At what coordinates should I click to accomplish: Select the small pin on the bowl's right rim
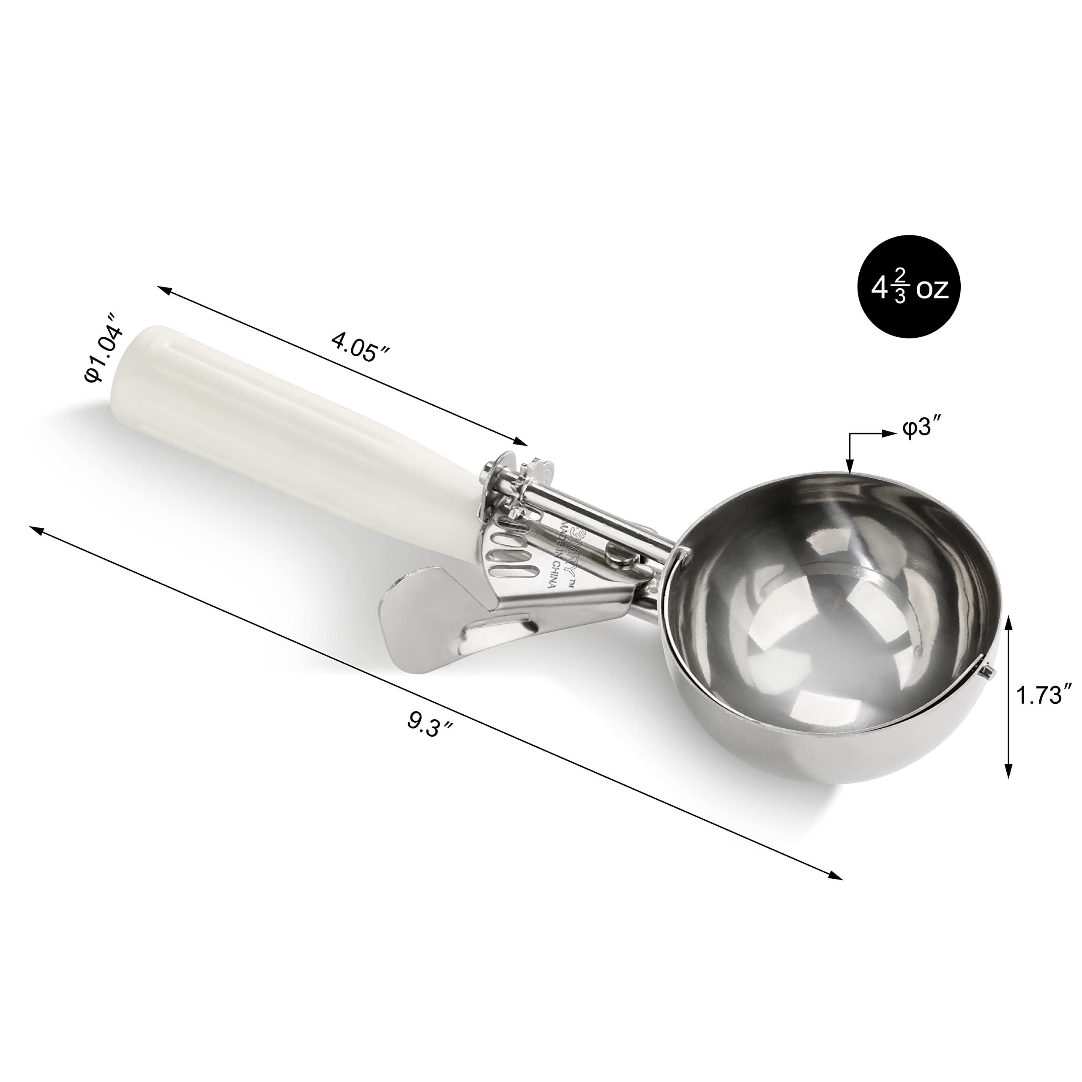(x=989, y=669)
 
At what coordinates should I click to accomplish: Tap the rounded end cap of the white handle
(x=148, y=336)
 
